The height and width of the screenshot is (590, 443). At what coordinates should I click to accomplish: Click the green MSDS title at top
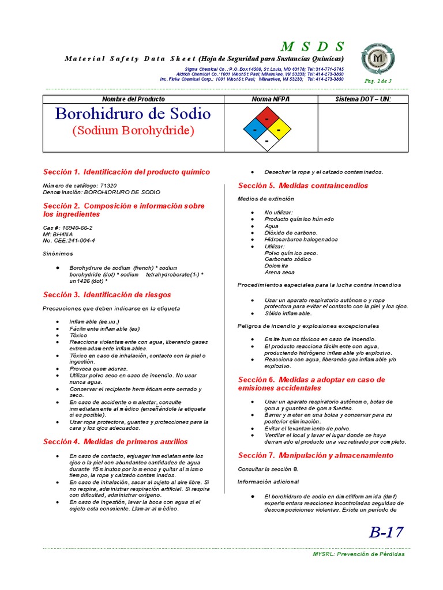click(312, 47)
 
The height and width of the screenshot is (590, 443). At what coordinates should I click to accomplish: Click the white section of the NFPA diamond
click(266, 141)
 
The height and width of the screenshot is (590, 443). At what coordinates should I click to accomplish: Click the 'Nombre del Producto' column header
click(133, 100)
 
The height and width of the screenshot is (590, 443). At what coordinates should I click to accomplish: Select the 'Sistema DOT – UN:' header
click(363, 100)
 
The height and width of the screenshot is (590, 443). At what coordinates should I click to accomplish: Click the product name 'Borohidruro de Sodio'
click(133, 114)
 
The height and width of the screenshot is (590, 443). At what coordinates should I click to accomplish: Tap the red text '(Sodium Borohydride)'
click(133, 131)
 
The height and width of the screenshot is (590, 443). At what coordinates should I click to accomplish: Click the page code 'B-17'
click(386, 532)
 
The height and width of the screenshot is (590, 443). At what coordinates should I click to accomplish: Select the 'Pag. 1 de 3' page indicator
click(378, 81)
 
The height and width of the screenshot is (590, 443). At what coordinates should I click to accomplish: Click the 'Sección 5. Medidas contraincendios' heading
click(303, 186)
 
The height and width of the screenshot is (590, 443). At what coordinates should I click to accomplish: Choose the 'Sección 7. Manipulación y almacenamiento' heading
click(316, 455)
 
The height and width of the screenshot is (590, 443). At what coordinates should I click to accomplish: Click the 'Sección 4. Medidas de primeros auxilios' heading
click(115, 442)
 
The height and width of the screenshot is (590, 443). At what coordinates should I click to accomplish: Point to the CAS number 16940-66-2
click(68, 228)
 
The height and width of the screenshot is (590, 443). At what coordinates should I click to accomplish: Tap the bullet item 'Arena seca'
click(279, 273)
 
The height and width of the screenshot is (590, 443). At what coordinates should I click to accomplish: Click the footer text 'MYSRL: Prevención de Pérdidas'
click(358, 554)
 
